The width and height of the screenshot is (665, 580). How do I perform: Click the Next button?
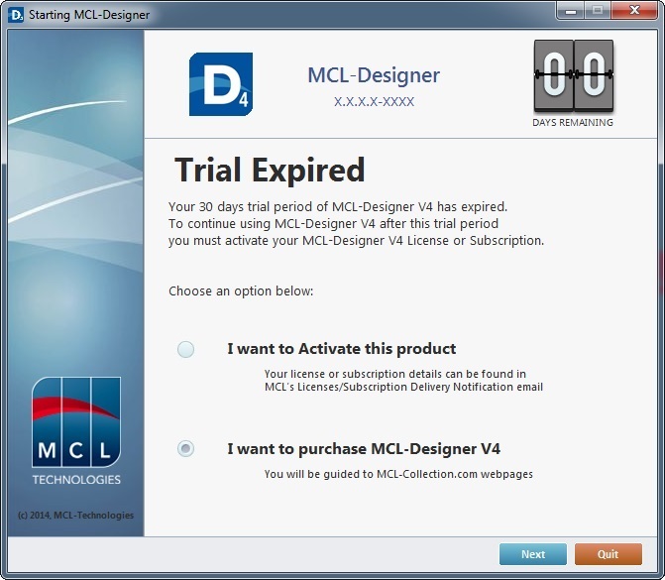pos(532,554)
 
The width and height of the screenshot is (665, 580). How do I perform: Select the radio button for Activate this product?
pos(185,349)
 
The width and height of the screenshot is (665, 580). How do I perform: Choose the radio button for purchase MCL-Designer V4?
pos(185,448)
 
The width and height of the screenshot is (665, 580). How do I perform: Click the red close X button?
pos(634,10)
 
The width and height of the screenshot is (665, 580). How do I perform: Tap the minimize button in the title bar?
pos(571,10)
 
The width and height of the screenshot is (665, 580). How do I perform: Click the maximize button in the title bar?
pos(598,10)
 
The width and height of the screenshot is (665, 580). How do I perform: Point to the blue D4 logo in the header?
pos(221,84)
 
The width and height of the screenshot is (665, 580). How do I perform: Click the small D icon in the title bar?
pos(16,15)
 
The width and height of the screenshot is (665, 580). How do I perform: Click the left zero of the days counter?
pos(554,75)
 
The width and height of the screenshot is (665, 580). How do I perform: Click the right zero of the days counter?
pos(594,75)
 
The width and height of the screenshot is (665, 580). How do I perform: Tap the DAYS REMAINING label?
pos(573,123)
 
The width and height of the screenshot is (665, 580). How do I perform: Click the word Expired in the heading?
pos(308,171)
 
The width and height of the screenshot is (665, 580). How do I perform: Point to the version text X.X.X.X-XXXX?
pos(374,102)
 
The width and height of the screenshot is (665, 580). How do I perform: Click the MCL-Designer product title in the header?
pos(374,75)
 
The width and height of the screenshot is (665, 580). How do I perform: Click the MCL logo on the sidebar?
pos(76,422)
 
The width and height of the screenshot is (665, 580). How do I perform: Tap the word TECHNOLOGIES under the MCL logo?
pos(76,480)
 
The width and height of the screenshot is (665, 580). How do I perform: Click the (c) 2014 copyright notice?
pos(76,516)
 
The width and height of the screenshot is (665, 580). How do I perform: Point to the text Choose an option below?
pos(241,291)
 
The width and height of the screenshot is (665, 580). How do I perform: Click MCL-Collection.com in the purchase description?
pos(427,474)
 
